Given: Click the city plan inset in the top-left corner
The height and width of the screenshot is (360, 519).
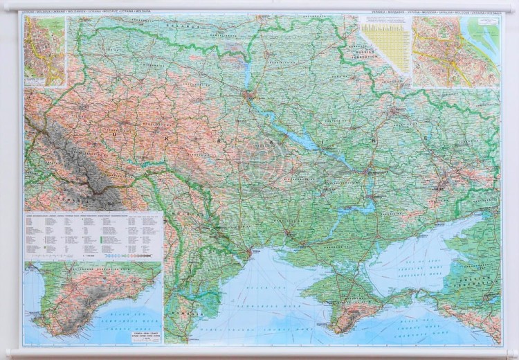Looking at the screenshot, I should pos(44,51).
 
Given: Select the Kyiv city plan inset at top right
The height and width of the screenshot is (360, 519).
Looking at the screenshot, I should pos(455,51).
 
